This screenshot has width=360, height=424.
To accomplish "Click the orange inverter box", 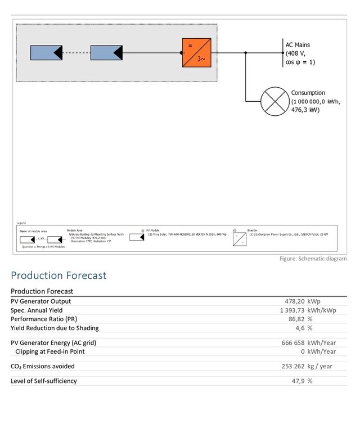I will [x=196, y=53].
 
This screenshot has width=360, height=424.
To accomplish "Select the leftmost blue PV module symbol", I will [x=47, y=53].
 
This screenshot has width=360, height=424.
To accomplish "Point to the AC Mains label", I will [x=298, y=45].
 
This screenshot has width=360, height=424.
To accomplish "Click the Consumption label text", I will [x=308, y=93].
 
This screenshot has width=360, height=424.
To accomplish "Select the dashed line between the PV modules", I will [x=76, y=53].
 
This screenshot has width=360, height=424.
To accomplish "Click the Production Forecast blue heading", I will [x=58, y=276].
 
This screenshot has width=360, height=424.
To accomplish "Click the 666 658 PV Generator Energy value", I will [x=292, y=342].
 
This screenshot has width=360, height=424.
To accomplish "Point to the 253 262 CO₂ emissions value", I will [x=292, y=366].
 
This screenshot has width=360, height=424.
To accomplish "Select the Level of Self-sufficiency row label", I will [x=44, y=381].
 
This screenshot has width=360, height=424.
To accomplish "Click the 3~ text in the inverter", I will [x=201, y=62].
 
